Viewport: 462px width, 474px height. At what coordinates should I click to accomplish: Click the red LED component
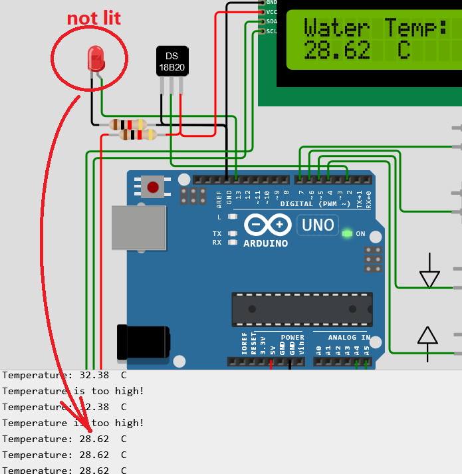pos(96,59)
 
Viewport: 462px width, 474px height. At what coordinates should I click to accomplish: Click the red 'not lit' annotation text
pos(94,18)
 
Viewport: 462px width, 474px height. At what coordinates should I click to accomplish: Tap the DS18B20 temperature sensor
pos(171,61)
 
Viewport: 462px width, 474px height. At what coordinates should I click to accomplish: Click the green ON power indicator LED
pos(346,233)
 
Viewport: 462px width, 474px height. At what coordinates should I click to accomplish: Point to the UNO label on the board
pos(318,225)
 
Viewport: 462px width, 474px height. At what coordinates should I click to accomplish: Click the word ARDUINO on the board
pos(265,243)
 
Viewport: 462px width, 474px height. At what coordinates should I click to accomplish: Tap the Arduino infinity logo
pos(267,225)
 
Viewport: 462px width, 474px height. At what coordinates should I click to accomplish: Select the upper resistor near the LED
pos(128,124)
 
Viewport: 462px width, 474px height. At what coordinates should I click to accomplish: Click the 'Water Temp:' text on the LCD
pos(374,28)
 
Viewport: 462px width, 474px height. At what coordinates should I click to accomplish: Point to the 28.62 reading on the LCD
pos(336,51)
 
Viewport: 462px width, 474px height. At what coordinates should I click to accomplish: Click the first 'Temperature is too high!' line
pos(73,391)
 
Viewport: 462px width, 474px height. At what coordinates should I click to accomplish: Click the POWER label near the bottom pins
pos(292,337)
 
